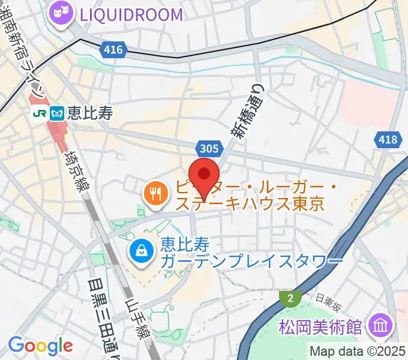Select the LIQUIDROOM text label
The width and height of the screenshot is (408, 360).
127,14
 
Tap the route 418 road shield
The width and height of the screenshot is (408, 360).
387,140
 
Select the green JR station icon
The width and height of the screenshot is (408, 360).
41,112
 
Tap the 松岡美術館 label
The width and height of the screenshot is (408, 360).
321,328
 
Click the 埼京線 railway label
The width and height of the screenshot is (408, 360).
77,170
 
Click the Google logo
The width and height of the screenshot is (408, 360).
40,345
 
